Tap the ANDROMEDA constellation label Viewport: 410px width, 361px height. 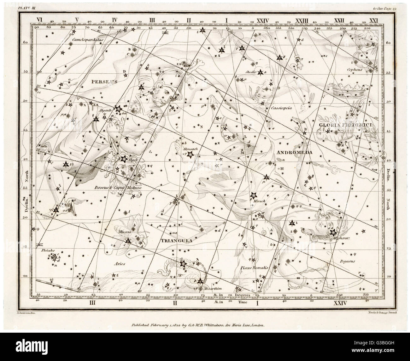pyautogui.click(x=294, y=152)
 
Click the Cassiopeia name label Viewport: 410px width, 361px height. pyautogui.click(x=280, y=107)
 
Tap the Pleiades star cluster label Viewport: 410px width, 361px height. pyautogui.click(x=48, y=251)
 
